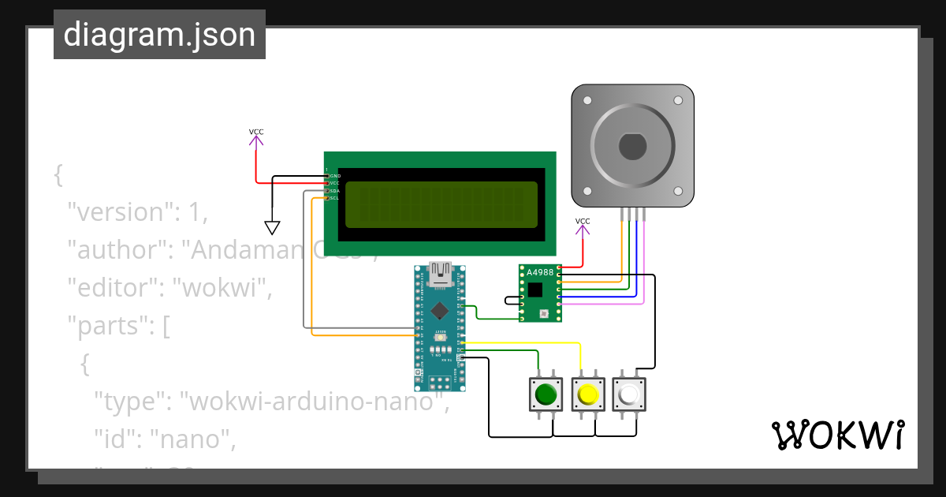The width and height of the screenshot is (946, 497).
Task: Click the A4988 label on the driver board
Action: click(540, 273)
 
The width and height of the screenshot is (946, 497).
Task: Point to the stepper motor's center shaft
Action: click(632, 146)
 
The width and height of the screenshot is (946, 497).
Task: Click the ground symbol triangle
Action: click(272, 228)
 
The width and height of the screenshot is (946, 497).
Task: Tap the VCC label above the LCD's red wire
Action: click(256, 132)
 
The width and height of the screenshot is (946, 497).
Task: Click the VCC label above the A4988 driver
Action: click(583, 221)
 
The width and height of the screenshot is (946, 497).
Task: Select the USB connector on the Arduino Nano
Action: click(440, 273)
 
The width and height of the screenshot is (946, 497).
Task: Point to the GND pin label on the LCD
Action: click(334, 175)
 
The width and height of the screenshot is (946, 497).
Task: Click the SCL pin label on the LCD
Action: click(334, 198)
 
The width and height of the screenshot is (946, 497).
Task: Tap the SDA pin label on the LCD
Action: click(334, 191)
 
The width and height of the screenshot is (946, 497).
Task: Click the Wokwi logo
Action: click(837, 435)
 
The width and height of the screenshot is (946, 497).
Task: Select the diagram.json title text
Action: click(159, 35)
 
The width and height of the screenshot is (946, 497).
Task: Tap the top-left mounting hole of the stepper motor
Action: click(587, 101)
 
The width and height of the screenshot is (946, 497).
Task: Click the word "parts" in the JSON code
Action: click(110, 326)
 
